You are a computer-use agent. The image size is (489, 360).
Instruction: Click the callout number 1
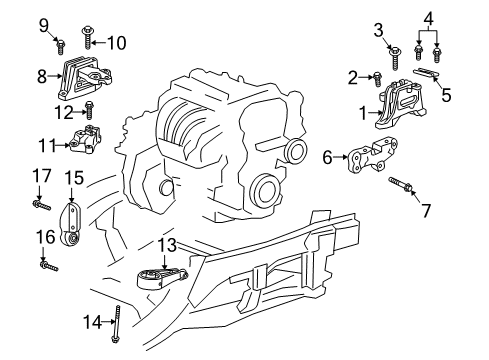364,114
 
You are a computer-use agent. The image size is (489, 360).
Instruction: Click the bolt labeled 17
41,204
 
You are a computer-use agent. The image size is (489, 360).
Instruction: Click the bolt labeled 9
60,42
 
